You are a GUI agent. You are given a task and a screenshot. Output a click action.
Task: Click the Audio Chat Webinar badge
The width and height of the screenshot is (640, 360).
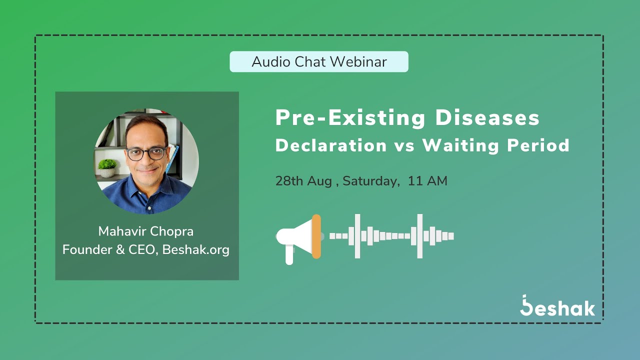(319, 61)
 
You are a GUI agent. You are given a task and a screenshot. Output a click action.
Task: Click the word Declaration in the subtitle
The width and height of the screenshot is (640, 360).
(331, 145)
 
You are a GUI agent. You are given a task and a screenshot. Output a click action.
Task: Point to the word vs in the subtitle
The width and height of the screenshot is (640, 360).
(404, 146)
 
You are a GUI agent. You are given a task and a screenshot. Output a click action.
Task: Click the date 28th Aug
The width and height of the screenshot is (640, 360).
(303, 181)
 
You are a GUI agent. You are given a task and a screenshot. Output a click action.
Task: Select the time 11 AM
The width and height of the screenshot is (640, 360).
(427, 181)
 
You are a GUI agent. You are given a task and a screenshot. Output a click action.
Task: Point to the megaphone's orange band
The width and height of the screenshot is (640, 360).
(316, 236)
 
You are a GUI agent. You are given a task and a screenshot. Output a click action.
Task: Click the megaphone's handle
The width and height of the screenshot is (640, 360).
(289, 255)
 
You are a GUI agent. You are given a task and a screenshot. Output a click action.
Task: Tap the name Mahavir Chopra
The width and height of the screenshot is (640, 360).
(146, 231)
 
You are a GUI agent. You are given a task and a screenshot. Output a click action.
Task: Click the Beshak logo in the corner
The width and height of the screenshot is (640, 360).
(557, 306)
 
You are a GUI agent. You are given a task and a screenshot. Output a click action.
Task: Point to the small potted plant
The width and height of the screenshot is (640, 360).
(107, 168)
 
